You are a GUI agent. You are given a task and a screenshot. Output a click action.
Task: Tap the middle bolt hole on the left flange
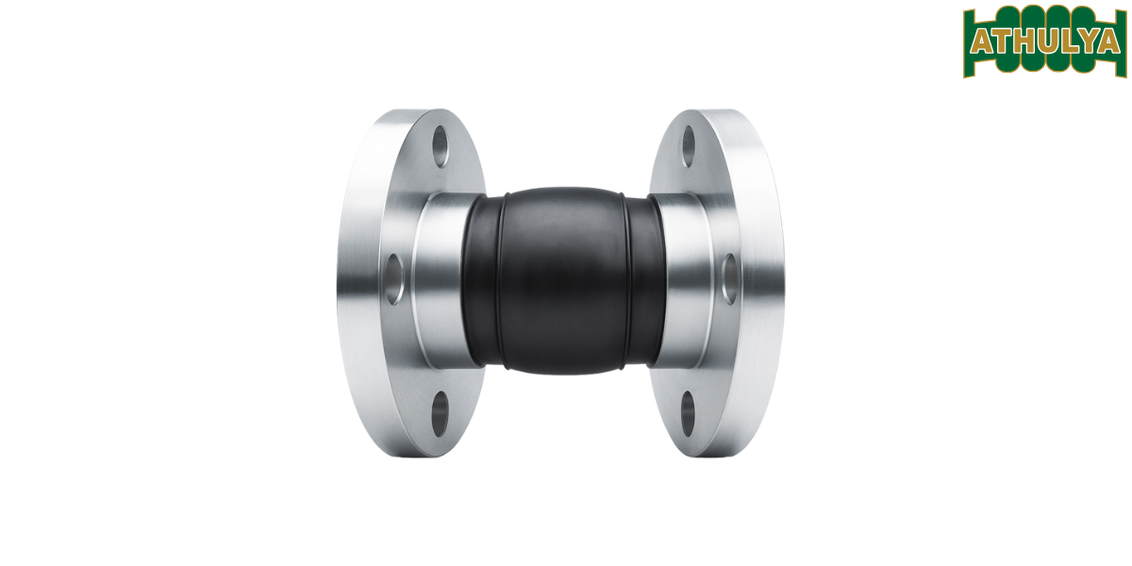tap(393, 278)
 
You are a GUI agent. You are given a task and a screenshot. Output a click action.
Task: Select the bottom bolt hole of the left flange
tap(441, 412)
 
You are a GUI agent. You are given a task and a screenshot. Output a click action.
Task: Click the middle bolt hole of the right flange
tap(729, 278)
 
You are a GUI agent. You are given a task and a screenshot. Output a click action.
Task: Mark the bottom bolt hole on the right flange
tap(688, 412)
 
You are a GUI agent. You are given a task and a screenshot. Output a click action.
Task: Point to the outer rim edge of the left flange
tap(351, 283)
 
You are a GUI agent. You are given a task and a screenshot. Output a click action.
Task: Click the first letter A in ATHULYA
tap(981, 42)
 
